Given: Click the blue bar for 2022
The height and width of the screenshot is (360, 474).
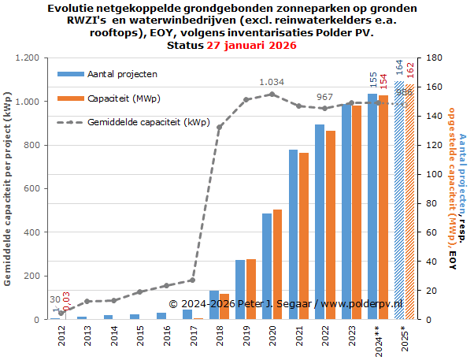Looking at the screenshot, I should (x=320, y=222).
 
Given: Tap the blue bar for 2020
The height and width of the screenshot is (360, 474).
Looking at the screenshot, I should (x=267, y=266).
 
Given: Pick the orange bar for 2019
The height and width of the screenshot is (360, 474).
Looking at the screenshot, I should (x=250, y=289).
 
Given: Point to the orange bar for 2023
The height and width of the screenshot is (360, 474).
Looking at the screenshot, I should (x=356, y=212).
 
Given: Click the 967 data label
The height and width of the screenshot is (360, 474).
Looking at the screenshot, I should (x=324, y=97).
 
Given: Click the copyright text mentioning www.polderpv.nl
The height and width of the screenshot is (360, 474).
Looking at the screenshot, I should (x=286, y=303).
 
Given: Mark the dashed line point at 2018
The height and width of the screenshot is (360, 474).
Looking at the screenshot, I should (x=220, y=127).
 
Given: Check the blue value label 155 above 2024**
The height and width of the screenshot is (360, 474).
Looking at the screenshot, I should (x=372, y=81).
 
